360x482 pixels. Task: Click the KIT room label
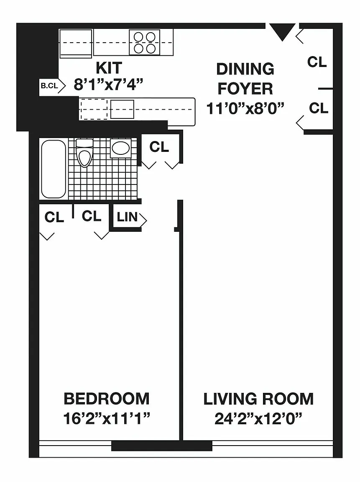point(109,68)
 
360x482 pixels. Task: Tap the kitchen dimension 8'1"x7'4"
point(109,84)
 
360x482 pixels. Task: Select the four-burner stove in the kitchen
point(144,42)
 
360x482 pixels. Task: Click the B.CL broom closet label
point(49,86)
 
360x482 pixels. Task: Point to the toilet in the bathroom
point(84,152)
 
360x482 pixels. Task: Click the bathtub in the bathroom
point(54,169)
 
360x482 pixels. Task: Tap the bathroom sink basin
point(121,148)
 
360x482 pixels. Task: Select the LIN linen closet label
point(127,217)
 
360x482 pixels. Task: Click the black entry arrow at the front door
point(282,31)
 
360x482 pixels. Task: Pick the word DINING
point(245,69)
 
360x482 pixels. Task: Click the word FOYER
point(245,89)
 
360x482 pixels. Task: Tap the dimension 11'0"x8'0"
point(245,108)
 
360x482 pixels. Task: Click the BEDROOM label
point(107,399)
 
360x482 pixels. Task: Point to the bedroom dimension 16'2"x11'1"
point(107,418)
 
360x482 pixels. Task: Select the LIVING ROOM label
point(258,399)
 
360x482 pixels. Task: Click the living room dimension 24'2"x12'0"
point(258,418)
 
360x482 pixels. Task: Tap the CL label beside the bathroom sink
point(159,146)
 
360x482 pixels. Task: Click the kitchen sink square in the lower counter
point(122,109)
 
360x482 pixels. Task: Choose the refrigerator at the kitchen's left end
point(76,44)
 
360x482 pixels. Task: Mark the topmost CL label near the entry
point(317,62)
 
